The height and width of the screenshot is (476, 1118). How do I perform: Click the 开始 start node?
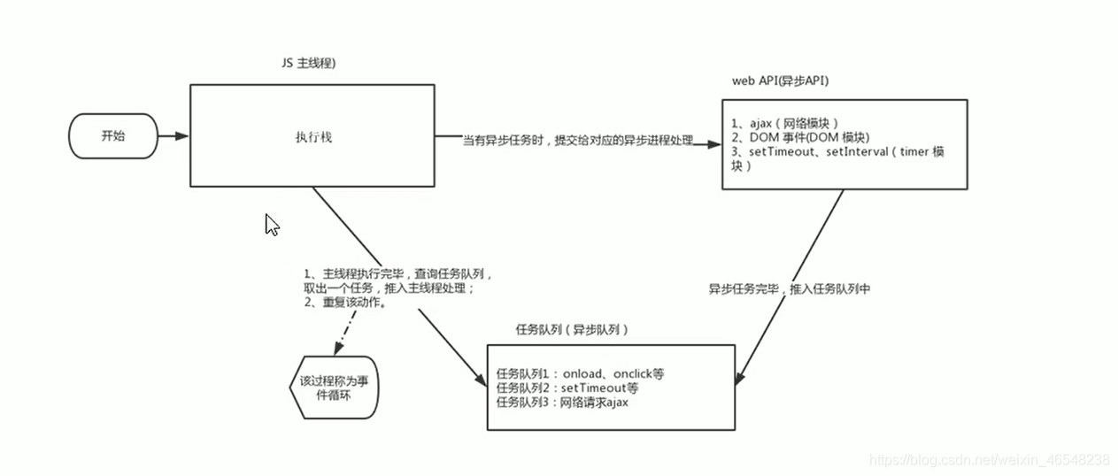[x=113, y=136]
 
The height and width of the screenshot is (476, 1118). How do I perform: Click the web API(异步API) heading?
[x=780, y=81]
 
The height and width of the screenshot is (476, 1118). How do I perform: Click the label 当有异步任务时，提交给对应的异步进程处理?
[x=577, y=140]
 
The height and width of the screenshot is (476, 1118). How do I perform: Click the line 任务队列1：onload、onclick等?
[x=580, y=373]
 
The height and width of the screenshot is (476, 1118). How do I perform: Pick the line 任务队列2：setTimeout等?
[x=567, y=388]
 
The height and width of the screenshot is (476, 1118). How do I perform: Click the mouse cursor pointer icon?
[x=272, y=224]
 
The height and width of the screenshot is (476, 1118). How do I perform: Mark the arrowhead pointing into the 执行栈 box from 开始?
[x=181, y=136]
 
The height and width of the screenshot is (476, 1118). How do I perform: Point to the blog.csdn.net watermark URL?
[x=990, y=460]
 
